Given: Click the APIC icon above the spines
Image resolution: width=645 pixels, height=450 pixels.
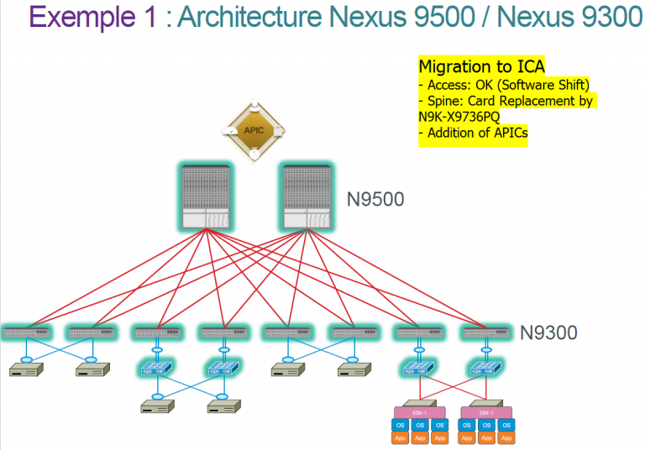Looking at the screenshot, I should (x=253, y=131).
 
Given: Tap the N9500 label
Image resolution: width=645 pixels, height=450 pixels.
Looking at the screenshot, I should (x=376, y=200).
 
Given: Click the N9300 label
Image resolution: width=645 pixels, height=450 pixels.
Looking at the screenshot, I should (x=548, y=332).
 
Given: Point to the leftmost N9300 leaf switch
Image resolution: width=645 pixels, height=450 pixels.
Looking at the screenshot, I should (x=27, y=332).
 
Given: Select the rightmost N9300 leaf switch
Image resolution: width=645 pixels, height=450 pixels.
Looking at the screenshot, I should (x=486, y=332).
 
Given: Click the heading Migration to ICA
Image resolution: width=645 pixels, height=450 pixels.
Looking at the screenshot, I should (x=481, y=65).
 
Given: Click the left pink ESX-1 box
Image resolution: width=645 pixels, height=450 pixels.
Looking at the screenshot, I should (x=418, y=413).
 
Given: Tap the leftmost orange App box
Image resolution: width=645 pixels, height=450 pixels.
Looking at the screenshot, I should (x=399, y=437).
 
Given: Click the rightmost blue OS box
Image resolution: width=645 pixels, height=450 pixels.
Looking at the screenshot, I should (x=506, y=425).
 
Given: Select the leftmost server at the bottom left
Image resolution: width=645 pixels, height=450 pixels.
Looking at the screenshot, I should (x=27, y=370).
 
